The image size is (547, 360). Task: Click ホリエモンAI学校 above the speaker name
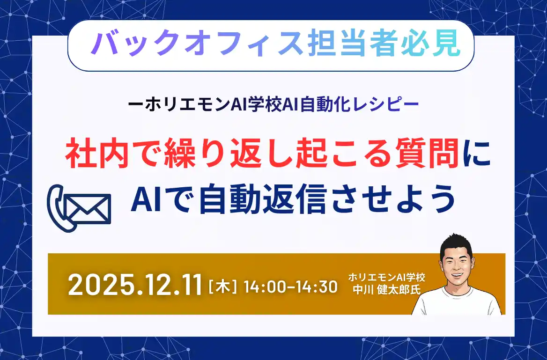click(x=386, y=277)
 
